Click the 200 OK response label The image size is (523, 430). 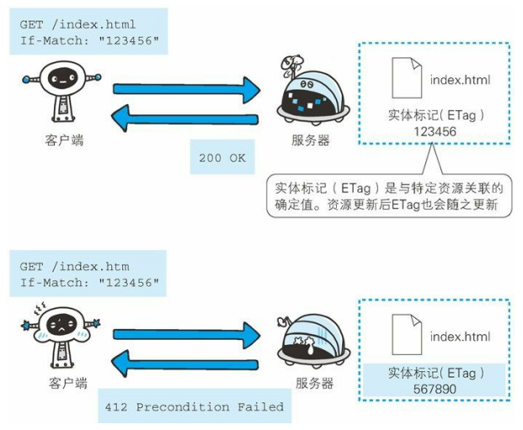tap(222, 157)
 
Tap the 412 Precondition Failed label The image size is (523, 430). tap(195, 407)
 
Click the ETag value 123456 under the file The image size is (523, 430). tap(435, 131)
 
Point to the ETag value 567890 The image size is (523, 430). tap(435, 389)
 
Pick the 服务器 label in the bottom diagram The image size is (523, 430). tap(314, 384)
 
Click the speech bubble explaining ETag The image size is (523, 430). tap(388, 194)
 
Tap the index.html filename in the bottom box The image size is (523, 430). tap(460, 337)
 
